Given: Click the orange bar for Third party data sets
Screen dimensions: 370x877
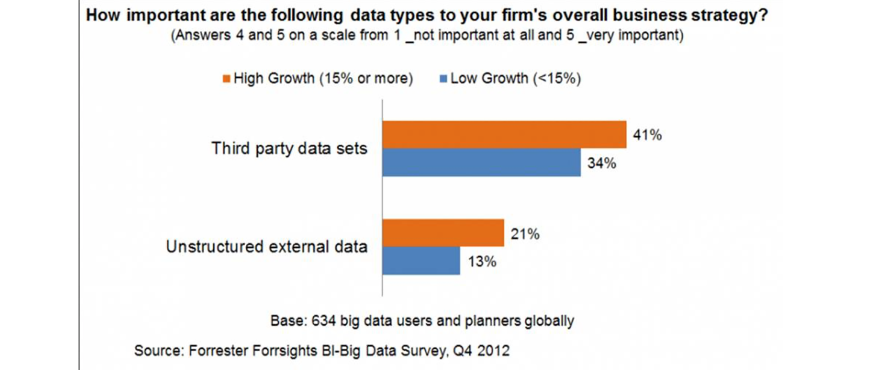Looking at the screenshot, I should (504, 134).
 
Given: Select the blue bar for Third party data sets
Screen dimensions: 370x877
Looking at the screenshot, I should (481, 162).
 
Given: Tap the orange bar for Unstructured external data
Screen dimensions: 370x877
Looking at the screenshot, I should (443, 233).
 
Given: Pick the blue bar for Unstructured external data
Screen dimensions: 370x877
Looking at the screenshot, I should (421, 261).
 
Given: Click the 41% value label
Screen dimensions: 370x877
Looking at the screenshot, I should (647, 135).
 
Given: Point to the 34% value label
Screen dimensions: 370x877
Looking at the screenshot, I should (602, 163).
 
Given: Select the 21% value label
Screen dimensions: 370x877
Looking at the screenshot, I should (525, 234).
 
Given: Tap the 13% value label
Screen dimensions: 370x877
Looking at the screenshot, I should (481, 261).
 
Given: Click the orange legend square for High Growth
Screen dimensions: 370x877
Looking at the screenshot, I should (226, 79).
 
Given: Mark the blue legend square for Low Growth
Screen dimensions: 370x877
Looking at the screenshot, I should (443, 79).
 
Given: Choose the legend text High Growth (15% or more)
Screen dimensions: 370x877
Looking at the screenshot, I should (323, 78).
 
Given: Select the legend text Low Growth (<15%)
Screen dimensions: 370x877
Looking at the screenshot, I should (516, 78).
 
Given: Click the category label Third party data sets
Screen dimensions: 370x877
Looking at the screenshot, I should (289, 148).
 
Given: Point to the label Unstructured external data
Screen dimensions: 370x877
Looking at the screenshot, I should (267, 247).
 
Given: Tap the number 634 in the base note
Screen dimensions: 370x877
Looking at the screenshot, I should (323, 321).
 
